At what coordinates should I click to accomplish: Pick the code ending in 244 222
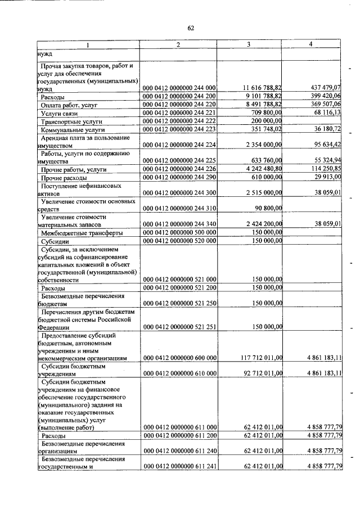point(179,121)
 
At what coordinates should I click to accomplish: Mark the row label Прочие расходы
point(63,177)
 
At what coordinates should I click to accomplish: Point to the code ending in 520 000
point(179,241)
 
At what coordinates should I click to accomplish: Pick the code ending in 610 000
point(179,373)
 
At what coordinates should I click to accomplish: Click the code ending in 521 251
point(179,326)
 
